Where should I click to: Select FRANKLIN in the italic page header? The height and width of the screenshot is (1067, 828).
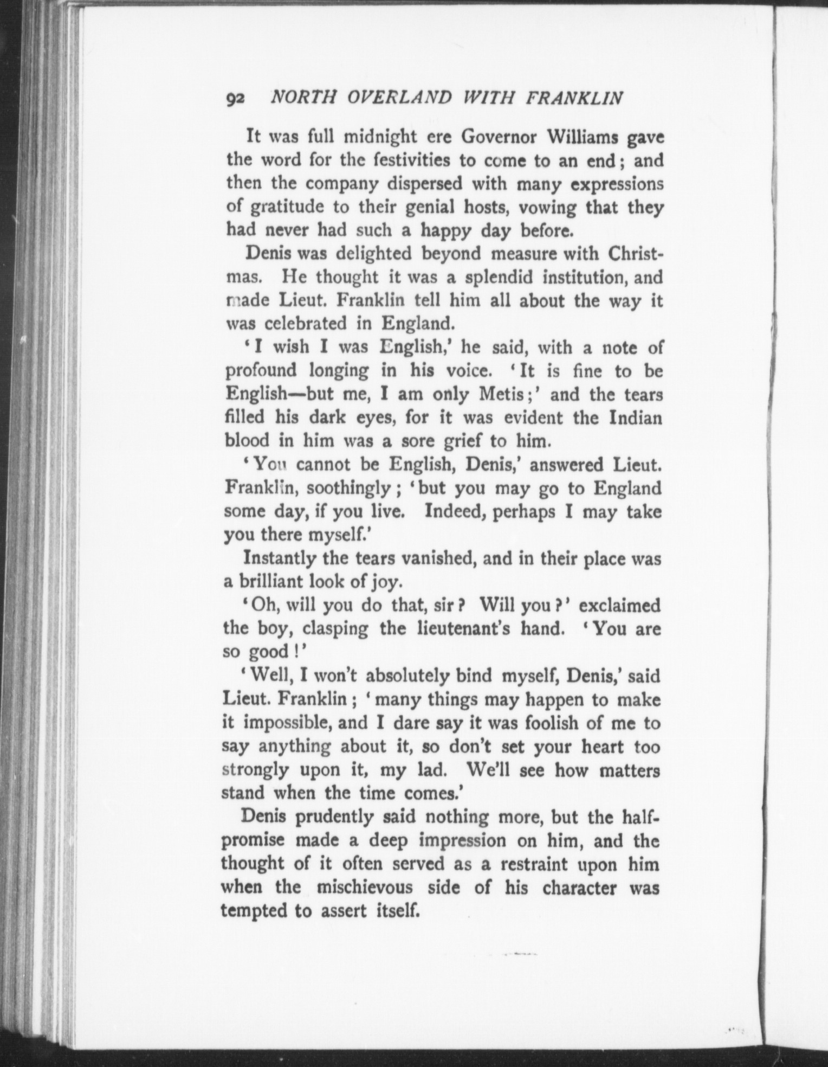point(574,97)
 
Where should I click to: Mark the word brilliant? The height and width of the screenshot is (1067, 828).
point(268,582)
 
